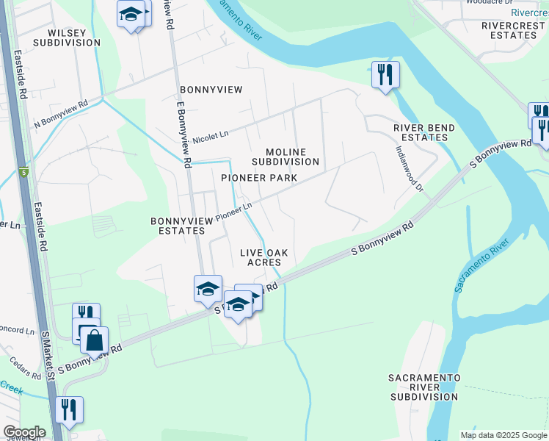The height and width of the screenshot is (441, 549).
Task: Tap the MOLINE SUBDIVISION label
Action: (286, 157)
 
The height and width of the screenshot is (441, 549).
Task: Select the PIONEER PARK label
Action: (259, 178)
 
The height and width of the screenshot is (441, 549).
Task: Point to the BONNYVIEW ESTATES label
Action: (177, 226)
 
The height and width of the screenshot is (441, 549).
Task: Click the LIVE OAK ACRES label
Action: (263, 257)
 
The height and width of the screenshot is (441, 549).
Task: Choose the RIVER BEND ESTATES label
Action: (424, 132)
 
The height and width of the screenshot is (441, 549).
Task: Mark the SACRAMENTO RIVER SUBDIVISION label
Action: (425, 387)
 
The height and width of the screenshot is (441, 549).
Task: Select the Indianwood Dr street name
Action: (410, 168)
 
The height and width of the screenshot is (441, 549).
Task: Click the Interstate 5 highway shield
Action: (23, 173)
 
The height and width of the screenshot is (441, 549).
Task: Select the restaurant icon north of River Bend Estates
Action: (385, 73)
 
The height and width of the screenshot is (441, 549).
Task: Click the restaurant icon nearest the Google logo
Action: (69, 409)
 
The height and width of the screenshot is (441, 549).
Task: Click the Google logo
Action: (24, 432)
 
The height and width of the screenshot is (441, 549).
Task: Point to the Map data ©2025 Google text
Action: (503, 435)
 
